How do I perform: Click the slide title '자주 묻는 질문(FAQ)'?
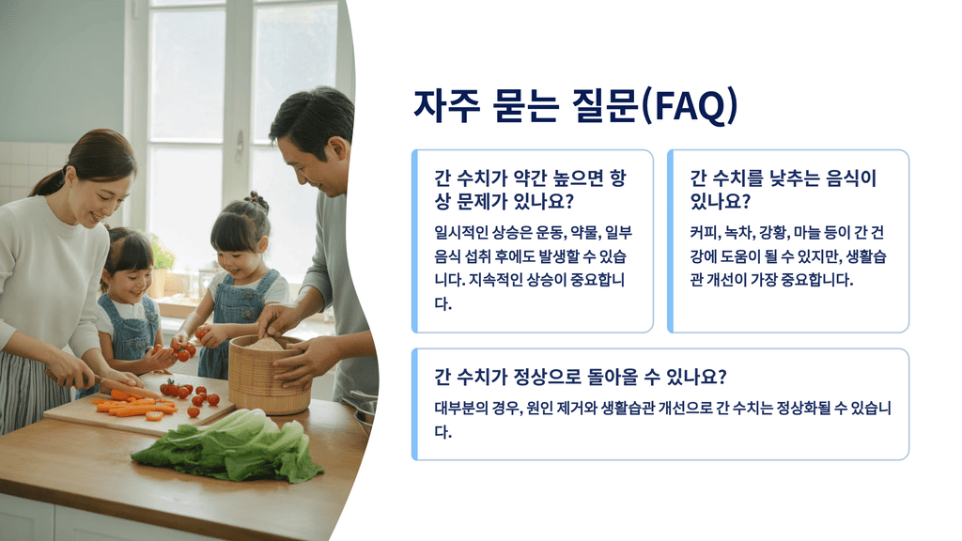[x=575, y=106]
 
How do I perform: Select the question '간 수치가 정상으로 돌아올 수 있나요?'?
[x=580, y=378]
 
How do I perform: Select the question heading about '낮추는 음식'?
[x=783, y=190]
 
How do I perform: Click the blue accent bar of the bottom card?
[x=414, y=404]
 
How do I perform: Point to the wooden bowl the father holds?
[x=268, y=373]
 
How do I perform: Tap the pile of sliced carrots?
[x=132, y=405]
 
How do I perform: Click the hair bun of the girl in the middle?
[x=256, y=200]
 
